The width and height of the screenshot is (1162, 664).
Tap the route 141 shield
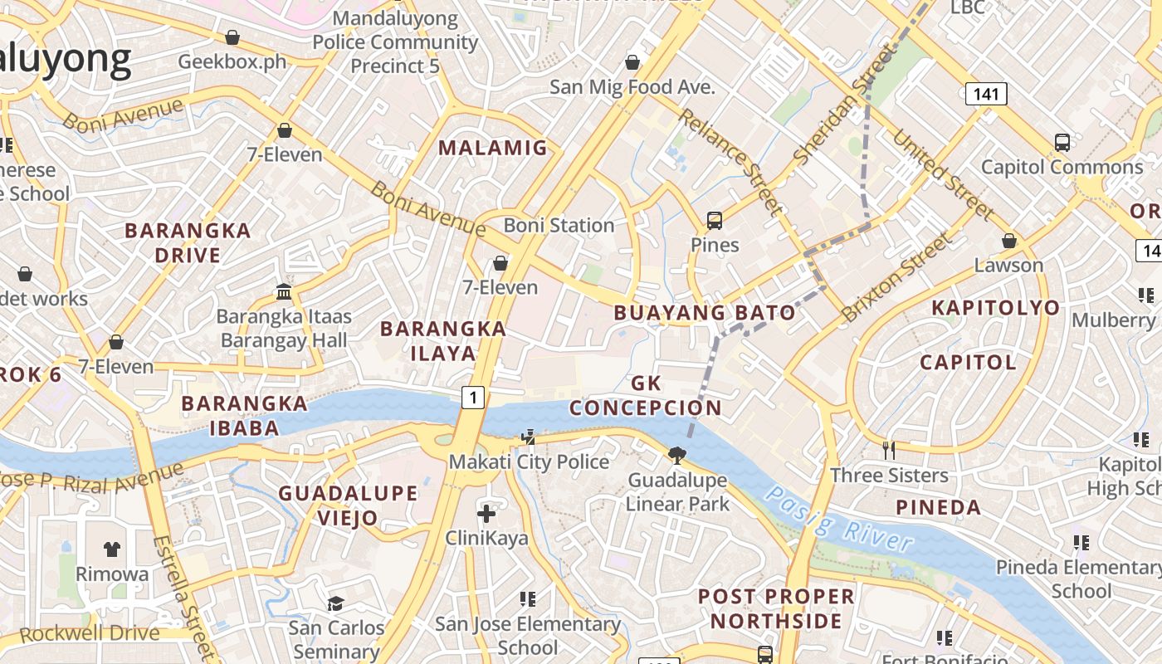coord(986,94)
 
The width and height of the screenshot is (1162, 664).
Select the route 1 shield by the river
coord(473,398)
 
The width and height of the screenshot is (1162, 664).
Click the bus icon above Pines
coord(715,221)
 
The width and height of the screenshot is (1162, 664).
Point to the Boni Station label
coord(559,225)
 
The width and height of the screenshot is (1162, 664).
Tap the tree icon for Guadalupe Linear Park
coord(677,454)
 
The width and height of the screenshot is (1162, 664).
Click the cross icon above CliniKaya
coord(486,513)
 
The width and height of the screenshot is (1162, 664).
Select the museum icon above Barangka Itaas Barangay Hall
coord(284,291)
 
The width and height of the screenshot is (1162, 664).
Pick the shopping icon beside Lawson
coord(1009,241)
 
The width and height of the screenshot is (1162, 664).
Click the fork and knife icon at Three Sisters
coord(889,450)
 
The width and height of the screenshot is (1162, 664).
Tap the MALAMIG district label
coord(493,149)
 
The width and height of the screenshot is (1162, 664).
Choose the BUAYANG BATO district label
coord(705,313)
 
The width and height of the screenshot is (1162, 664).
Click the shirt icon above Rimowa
coord(112,549)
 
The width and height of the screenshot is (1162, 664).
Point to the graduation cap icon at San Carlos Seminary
coord(336,603)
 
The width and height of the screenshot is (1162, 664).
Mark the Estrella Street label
coord(183,598)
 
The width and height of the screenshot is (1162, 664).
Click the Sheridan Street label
coord(845,104)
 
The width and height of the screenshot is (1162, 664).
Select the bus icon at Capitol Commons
coord(1062,142)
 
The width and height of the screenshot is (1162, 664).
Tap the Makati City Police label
coord(530,461)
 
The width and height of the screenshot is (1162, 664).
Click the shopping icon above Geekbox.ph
coord(232,37)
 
